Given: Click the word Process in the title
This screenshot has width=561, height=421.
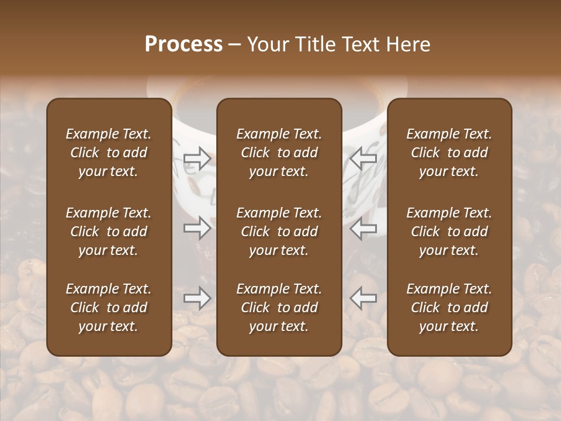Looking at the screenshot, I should point(183,44).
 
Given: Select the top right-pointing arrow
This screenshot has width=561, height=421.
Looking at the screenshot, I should point(197,158).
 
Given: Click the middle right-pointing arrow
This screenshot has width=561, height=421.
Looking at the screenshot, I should point(197,227).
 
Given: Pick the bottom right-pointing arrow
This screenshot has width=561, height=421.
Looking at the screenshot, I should point(197,298).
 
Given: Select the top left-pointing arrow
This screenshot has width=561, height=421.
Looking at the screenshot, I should point(363,158).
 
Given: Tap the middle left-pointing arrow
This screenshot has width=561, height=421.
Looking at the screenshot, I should point(363,227).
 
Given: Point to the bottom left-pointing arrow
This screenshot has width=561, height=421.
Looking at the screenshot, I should point(363,298).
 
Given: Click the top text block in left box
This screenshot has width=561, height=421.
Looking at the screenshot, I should point(109,153).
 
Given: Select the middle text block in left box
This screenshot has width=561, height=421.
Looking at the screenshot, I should point(109,232).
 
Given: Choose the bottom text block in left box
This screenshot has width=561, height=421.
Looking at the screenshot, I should point(109,308).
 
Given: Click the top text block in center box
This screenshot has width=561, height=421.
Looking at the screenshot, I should point(279,153).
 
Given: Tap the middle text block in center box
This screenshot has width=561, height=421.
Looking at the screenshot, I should point(279,232).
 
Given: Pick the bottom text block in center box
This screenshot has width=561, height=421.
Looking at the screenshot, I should point(279,308).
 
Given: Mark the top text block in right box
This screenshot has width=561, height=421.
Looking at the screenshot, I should point(449,153).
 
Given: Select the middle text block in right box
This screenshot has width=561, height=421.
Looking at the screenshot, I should point(449,232).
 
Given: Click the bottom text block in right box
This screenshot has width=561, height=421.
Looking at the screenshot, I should point(449,308).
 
